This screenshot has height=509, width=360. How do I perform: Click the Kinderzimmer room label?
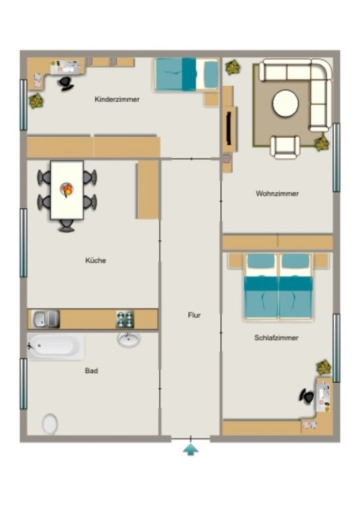117,99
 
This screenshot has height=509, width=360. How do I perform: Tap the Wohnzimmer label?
277,193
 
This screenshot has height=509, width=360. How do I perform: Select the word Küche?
96,260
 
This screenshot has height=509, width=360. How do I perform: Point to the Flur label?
194,315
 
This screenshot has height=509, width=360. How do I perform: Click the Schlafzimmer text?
276,338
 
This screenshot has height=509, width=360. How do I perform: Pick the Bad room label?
91,371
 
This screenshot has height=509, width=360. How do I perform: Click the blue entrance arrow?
190,449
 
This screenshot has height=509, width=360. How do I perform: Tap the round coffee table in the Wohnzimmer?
285,103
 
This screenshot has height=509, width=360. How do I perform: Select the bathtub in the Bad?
56,346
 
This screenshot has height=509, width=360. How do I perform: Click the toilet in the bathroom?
50,424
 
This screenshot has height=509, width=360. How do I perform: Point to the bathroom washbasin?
129,339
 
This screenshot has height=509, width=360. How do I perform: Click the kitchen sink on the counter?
46,319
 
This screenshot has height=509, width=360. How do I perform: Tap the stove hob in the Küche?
125,319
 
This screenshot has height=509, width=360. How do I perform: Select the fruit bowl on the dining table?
67,189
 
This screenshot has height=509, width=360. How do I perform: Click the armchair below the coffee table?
285,147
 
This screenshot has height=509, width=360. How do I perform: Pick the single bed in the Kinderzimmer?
186,75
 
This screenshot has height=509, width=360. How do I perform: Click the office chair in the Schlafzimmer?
307,396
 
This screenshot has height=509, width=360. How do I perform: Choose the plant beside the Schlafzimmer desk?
324,367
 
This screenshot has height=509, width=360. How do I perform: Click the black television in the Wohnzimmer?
229,128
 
